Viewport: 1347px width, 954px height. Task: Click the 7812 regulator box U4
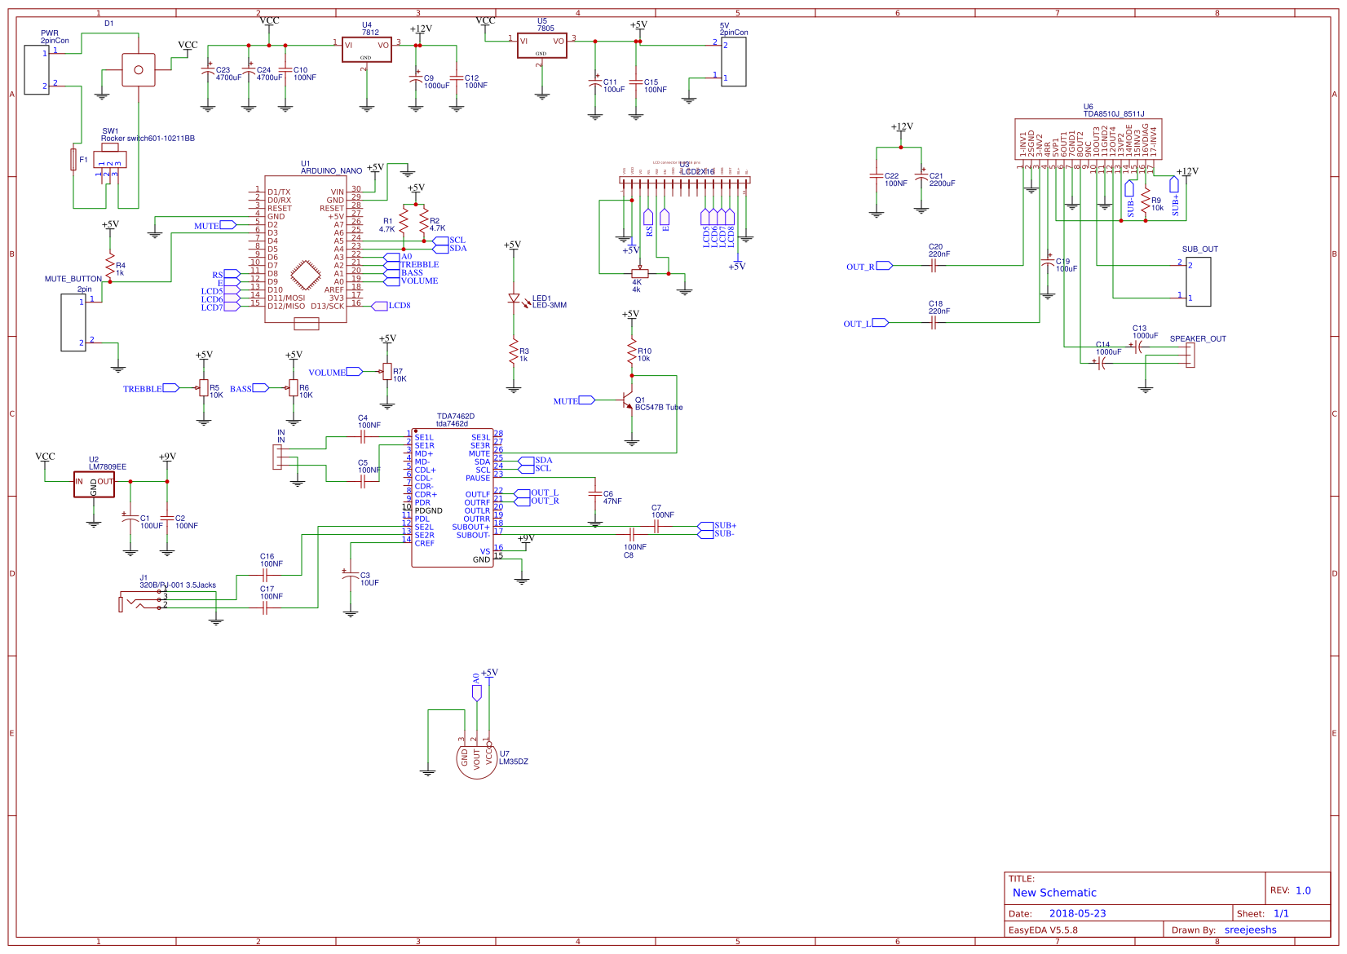[x=366, y=50]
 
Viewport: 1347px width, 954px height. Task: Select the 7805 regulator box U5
[x=541, y=46]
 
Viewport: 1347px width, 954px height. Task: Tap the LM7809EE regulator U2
[x=94, y=484]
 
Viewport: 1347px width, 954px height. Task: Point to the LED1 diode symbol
[x=514, y=299]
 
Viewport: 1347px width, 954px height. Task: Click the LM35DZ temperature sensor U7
[x=477, y=758]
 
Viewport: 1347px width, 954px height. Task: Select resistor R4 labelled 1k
[x=109, y=265]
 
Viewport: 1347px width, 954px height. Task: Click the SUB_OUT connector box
[x=1198, y=281]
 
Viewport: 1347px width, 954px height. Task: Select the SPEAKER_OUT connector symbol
[x=1190, y=355]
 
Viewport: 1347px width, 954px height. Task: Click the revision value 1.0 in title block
[x=1303, y=890]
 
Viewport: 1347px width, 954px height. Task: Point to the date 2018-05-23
[x=1077, y=913]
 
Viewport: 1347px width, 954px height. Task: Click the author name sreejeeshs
[x=1250, y=930]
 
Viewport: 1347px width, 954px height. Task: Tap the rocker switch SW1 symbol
[x=109, y=160]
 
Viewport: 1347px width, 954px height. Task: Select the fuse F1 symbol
[x=73, y=159]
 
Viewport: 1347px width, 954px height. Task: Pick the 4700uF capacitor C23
[x=208, y=73]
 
